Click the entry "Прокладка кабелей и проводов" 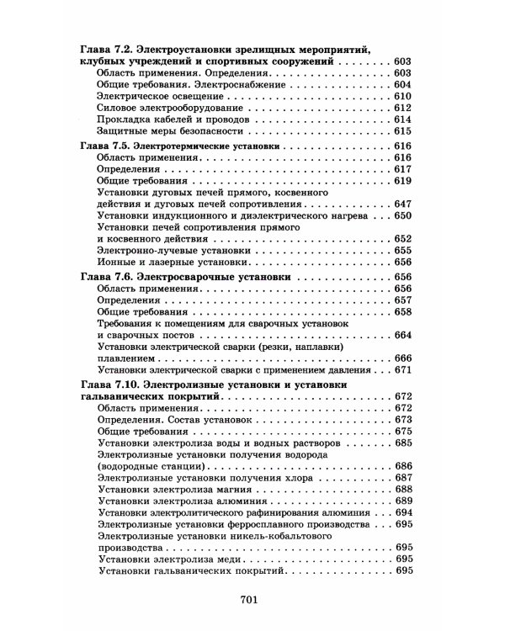[x=168, y=120]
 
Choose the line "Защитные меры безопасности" [x=164, y=132]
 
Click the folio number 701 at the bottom [x=252, y=600]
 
